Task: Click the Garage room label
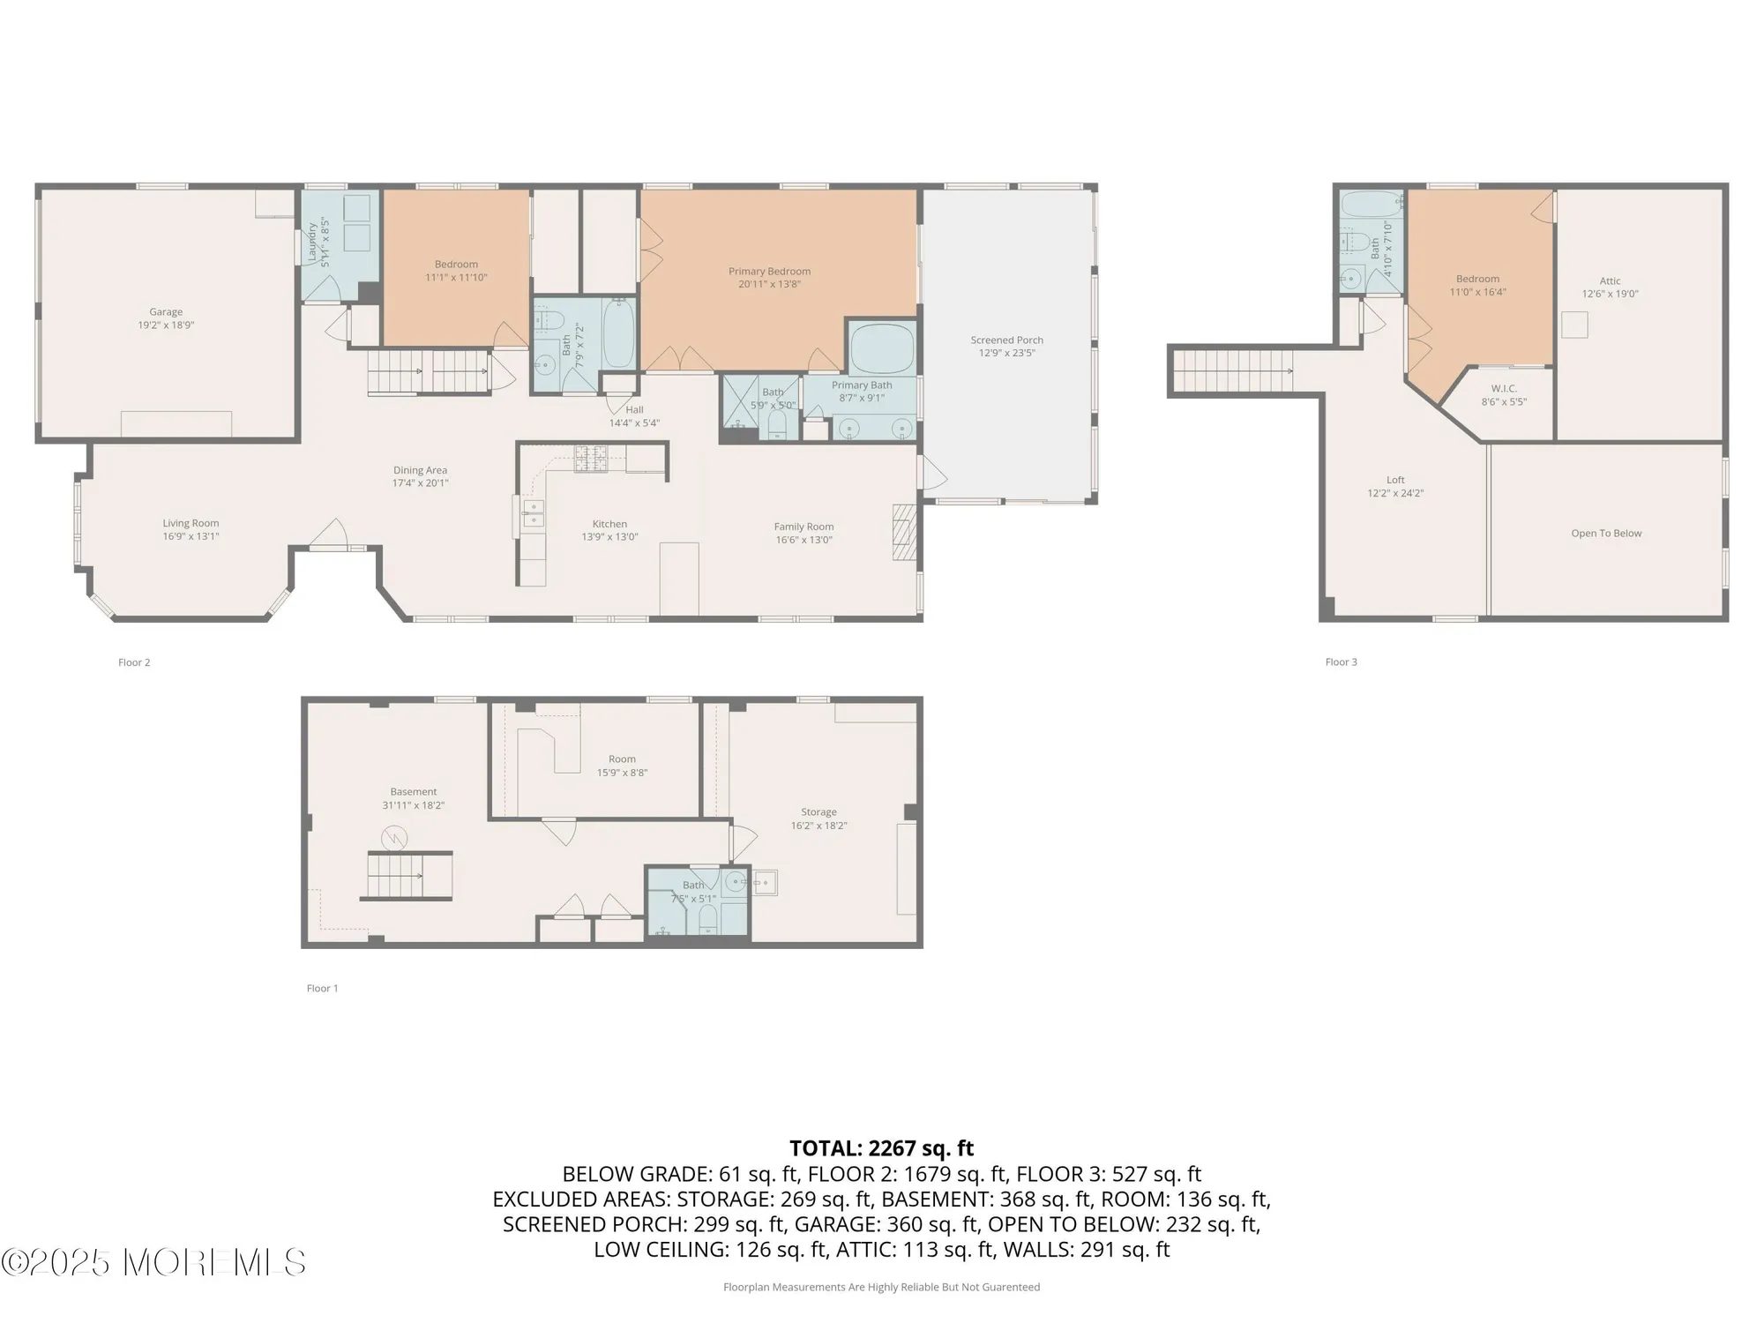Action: point(166,312)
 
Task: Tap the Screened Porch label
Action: point(1006,340)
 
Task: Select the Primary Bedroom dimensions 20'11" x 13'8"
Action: point(769,285)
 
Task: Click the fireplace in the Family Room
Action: point(905,532)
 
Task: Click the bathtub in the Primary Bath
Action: point(882,348)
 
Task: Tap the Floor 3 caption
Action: point(1341,662)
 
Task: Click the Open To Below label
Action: point(1606,534)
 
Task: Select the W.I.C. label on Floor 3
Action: point(1504,389)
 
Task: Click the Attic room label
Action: point(1610,281)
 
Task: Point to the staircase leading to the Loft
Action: point(1230,370)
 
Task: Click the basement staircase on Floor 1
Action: point(408,875)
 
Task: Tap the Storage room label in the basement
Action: point(818,812)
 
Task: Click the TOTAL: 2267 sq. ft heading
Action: point(881,1148)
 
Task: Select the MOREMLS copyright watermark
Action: point(154,1263)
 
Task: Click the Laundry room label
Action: point(311,240)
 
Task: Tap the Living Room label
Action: point(191,523)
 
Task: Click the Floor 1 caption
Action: point(322,989)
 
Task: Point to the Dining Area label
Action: point(420,470)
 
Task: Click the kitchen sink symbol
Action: point(534,512)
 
